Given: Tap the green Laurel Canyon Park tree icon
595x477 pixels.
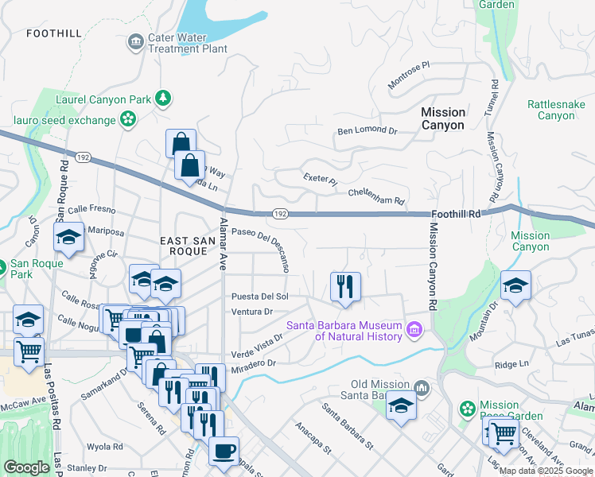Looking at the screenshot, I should [x=163, y=98].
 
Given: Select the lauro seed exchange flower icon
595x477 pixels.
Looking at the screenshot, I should [x=127, y=119].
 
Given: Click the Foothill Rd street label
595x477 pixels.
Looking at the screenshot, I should [x=457, y=214].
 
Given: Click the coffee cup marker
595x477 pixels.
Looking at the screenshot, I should [x=223, y=450].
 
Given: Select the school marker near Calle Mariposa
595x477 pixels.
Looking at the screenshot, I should [x=68, y=236].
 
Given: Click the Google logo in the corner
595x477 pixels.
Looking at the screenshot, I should [x=26, y=467].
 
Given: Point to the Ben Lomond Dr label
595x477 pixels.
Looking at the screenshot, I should [x=367, y=130].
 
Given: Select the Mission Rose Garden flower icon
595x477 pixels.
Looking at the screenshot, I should [x=468, y=409].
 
